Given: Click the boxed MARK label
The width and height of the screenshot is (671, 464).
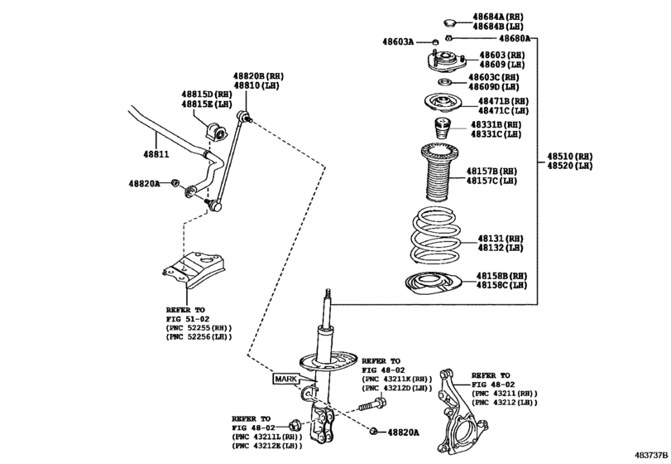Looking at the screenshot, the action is coord(286,379).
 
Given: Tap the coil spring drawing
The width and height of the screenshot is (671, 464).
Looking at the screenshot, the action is coord(435,235).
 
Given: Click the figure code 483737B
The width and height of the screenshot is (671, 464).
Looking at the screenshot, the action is coord(650,455).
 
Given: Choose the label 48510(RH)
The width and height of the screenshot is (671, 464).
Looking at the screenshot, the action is coord(570,157).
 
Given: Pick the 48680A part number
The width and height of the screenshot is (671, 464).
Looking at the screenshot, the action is coord(515,39).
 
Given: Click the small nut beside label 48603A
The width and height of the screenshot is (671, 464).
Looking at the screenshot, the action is coord(434,42).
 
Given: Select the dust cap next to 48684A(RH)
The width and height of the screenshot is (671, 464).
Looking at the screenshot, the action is coord(449,22).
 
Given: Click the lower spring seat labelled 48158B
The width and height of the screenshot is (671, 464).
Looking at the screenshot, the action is coord(433,284).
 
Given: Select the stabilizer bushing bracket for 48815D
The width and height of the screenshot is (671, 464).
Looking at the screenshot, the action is coord(216,132).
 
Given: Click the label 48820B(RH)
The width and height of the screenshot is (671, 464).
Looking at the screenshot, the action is coord(258,76).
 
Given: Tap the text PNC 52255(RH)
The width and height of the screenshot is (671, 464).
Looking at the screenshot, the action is coord(199,328).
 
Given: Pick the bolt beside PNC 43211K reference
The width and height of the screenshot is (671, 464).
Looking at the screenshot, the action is coord(372,404).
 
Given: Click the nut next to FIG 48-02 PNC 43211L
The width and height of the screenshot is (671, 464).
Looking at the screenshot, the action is coord(294,426).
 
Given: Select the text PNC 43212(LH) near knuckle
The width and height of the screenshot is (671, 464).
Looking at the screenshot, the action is coord(505,403).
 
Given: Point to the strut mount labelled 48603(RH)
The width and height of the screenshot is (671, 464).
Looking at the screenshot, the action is coord(446,62).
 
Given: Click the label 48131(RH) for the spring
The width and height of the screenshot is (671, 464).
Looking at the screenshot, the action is coord(501,238).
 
